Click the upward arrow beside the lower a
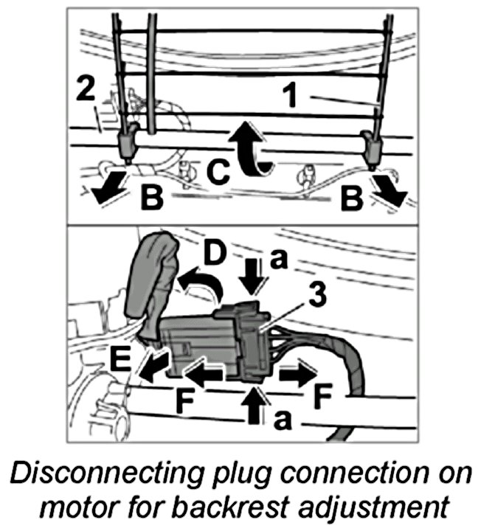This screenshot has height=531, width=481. pos(257,405)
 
